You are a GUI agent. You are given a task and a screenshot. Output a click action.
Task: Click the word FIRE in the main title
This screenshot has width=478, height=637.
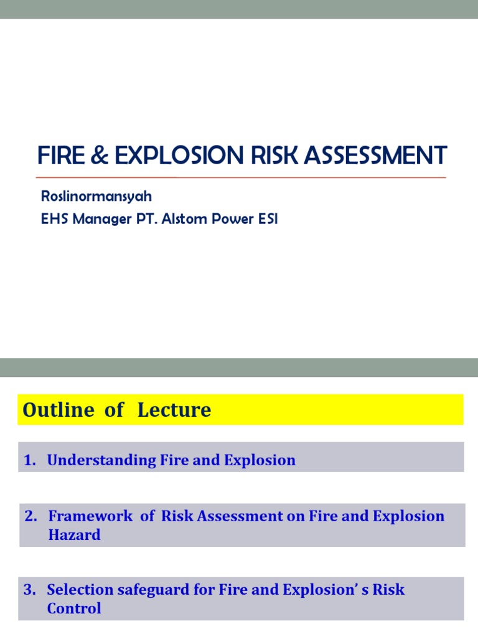pos(60,155)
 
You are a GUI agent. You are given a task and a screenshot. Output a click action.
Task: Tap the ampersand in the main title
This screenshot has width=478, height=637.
pos(98,155)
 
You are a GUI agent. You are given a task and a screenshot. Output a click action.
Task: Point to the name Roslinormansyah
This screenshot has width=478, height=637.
pos(96,197)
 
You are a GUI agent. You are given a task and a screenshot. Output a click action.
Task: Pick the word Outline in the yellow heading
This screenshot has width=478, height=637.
pos(54,410)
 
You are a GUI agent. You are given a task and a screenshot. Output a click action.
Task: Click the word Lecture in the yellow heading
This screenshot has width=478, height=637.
pos(174,410)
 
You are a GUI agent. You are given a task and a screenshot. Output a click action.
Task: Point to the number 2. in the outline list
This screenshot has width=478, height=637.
pos(32,516)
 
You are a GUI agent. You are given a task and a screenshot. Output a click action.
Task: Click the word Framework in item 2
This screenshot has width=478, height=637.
pos(90,516)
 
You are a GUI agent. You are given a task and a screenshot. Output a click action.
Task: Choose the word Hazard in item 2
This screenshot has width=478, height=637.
pos(74,535)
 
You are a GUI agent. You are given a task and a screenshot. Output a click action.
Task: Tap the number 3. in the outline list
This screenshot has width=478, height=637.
pos(30,590)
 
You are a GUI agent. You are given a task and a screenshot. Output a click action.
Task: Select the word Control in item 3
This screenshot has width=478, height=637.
pos(73,608)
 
